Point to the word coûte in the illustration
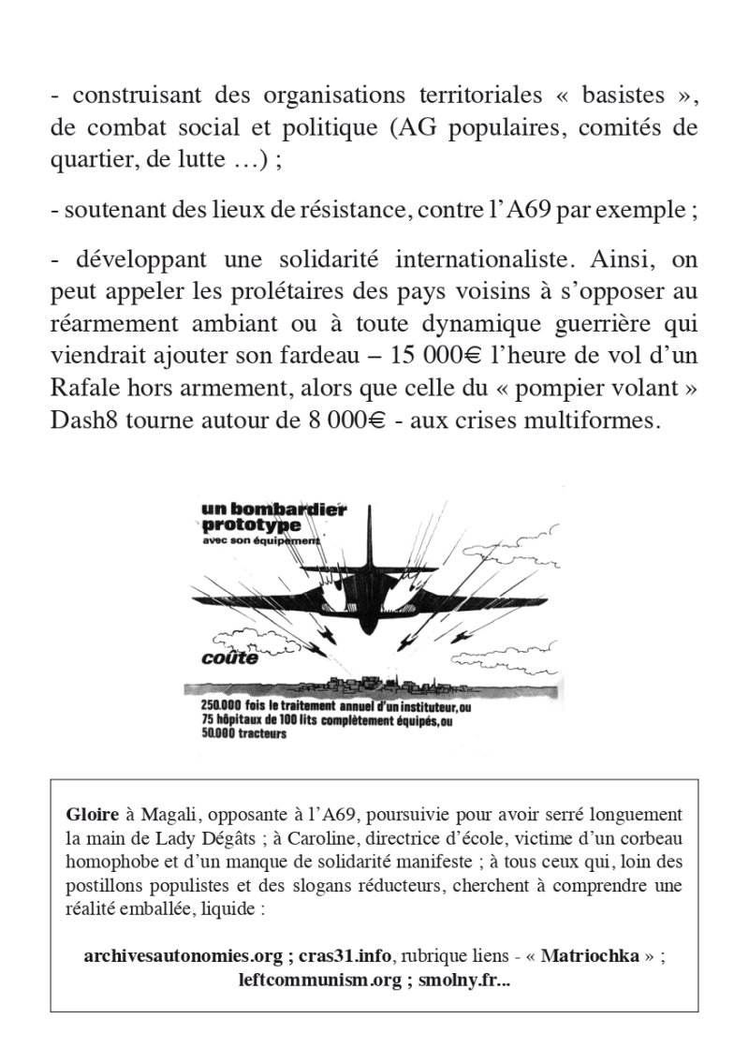point(229,657)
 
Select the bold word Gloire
point(89,812)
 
